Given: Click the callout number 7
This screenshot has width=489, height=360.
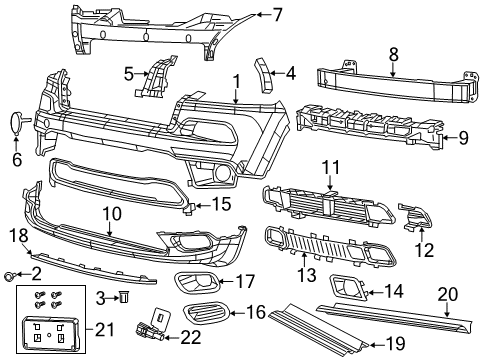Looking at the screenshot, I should tap(278, 14).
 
